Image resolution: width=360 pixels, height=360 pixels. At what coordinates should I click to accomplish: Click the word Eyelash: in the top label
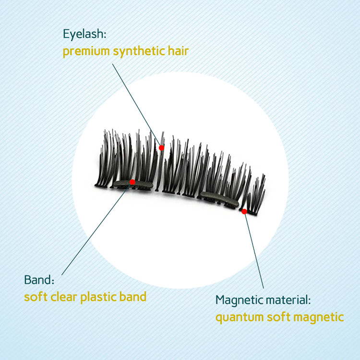84,34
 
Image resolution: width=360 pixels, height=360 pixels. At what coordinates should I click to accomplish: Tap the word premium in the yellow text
86,51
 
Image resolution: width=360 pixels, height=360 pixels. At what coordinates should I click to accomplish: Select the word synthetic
139,51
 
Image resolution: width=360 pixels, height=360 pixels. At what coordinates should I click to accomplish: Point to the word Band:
39,280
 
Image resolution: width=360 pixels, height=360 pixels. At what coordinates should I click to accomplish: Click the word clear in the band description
63,297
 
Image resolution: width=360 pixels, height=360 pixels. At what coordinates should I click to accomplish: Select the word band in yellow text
133,297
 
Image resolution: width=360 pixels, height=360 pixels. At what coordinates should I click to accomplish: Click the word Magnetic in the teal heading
239,300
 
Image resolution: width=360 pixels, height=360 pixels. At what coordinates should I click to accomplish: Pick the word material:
288,300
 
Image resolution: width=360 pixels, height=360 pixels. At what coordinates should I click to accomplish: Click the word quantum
240,318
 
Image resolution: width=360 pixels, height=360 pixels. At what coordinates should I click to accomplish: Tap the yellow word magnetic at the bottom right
318,318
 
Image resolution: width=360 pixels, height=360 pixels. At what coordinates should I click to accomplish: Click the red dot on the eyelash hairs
162,148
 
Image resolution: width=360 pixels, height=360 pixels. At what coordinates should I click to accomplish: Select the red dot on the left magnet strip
132,182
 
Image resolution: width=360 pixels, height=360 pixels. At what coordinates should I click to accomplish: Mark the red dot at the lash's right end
244,212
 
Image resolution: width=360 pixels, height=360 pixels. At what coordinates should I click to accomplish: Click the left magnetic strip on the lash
133,184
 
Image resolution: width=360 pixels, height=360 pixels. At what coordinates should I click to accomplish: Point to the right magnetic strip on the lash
220,199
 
